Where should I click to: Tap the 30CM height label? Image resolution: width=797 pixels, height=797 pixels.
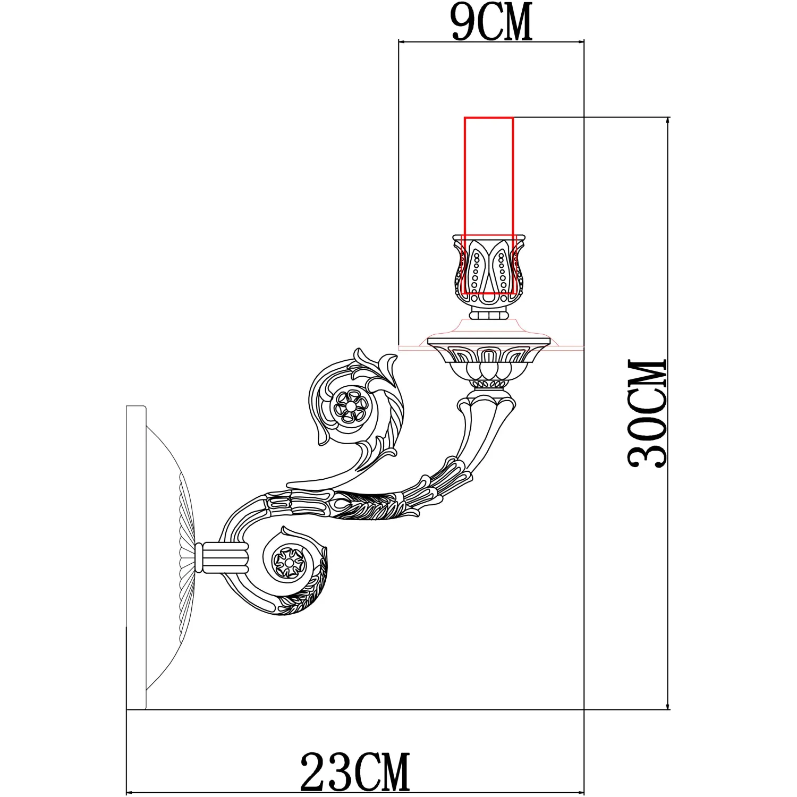click(647, 413)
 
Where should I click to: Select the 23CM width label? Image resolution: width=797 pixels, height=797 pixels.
click(355, 772)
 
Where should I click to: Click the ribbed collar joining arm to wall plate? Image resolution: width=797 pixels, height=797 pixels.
click(222, 557)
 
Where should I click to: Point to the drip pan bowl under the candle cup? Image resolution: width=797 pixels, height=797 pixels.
click(489, 356)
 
